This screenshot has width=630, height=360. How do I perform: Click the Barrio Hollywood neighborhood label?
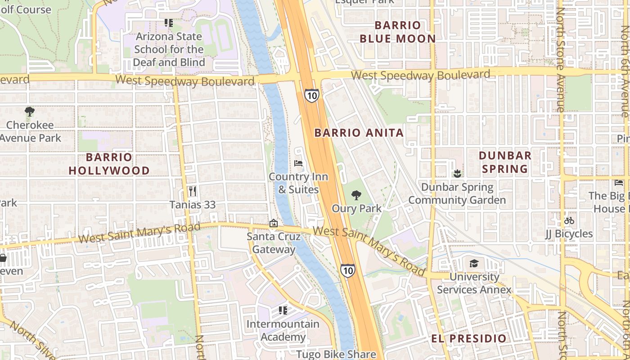click(109, 164)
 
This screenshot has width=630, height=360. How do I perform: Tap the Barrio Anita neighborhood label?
click(359, 133)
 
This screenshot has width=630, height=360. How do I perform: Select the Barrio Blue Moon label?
click(398, 32)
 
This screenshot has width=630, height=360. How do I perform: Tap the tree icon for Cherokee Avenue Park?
click(30, 112)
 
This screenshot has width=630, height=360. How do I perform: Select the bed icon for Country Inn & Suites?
click(298, 163)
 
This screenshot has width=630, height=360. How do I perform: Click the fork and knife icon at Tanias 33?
click(193, 191)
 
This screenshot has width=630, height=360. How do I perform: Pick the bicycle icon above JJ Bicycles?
click(569, 220)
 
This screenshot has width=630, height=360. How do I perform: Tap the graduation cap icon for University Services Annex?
click(474, 263)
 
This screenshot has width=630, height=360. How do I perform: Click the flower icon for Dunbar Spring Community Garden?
click(457, 173)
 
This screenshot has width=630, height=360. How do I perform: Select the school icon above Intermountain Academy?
click(283, 310)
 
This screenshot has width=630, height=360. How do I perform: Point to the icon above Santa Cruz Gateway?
click(273, 223)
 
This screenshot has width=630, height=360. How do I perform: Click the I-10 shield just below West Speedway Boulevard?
click(311, 95)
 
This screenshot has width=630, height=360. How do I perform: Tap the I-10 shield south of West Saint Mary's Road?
click(347, 270)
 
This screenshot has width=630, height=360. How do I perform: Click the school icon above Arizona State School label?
click(169, 23)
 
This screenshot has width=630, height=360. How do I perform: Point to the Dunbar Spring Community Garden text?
click(457, 193)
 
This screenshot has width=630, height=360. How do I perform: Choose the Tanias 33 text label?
click(193, 205)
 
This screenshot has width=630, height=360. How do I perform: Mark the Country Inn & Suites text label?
click(298, 183)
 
